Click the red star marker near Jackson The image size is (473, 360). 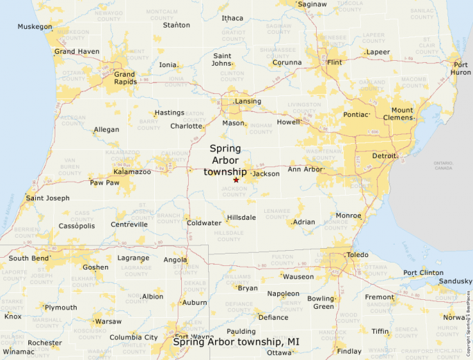(236, 180)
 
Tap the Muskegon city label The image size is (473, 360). (35, 27)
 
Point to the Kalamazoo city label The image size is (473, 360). (132, 171)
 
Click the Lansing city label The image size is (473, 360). (248, 102)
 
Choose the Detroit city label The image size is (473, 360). (384, 156)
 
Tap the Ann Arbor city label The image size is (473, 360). (305, 169)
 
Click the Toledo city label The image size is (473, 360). (358, 255)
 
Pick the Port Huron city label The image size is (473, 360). (461, 68)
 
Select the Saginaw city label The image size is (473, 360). (312, 4)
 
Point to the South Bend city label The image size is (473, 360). (29, 258)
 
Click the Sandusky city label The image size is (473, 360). (456, 281)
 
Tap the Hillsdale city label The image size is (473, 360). (241, 217)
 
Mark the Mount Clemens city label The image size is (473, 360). (402, 114)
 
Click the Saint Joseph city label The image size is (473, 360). (48, 198)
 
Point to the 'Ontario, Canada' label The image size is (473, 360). (443, 165)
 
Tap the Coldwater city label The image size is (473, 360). (204, 222)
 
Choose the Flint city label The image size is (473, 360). (335, 62)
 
